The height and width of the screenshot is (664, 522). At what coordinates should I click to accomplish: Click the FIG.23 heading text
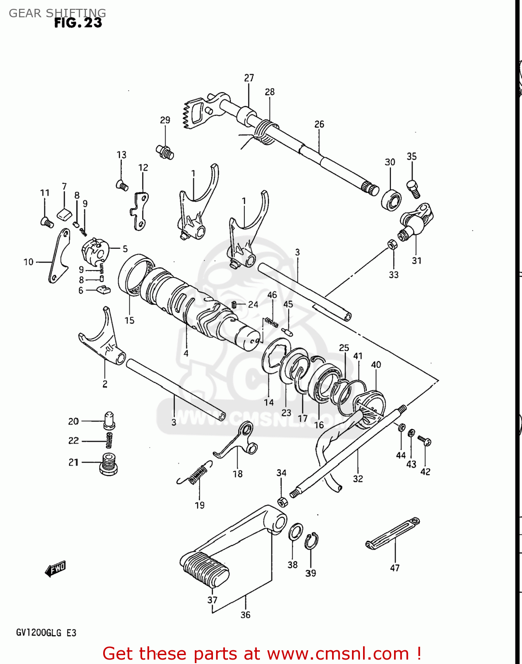point(78,23)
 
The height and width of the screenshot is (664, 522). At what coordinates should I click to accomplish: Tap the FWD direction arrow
point(56,569)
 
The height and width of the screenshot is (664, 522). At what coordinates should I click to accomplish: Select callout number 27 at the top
point(249,78)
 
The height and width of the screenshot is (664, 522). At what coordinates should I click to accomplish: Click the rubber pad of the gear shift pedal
point(205,569)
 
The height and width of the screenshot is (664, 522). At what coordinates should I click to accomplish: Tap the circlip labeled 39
point(311,541)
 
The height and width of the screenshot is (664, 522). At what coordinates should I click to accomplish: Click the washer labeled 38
point(295,532)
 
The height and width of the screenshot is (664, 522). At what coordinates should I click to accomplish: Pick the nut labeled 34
point(282,502)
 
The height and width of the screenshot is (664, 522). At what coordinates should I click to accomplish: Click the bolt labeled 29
point(165,152)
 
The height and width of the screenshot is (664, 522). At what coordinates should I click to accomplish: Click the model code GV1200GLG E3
point(46,633)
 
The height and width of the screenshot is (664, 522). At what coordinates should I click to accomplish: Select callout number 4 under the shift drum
point(186,353)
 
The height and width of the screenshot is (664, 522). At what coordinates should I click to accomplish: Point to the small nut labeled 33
point(392,244)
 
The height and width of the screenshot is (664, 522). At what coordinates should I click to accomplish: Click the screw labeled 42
point(425,441)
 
